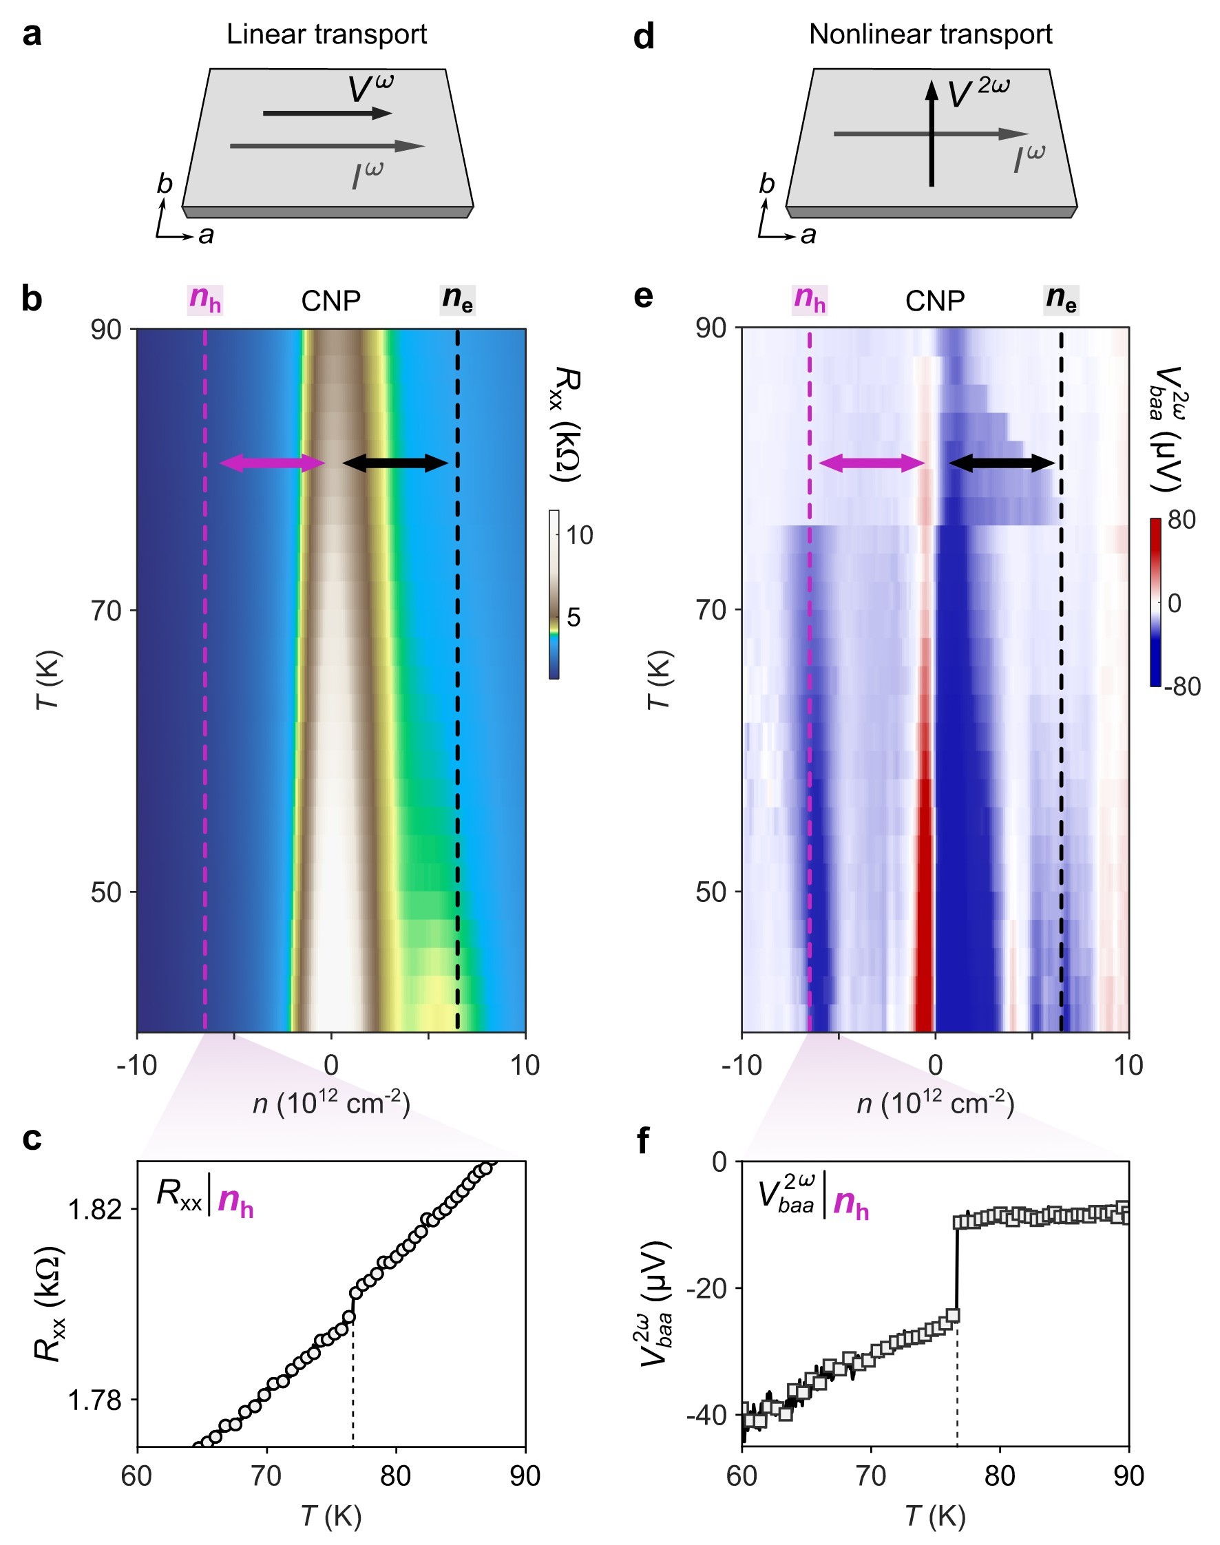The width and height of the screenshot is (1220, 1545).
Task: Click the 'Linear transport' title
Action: point(326,34)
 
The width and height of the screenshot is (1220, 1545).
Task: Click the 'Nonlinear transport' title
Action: point(930,34)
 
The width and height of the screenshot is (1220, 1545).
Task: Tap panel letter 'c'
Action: point(32,1138)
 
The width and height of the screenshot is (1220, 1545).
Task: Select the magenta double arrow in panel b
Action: point(272,463)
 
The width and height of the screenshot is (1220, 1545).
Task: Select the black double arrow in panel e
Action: point(1002,463)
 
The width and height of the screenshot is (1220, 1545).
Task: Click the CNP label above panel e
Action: point(934,302)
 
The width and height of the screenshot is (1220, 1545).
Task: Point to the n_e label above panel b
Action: point(457,299)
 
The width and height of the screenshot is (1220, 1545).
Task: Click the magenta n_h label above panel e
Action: point(810,299)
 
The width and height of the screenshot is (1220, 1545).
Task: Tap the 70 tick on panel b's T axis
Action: point(106,611)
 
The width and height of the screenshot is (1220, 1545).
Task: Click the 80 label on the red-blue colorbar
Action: point(1181,520)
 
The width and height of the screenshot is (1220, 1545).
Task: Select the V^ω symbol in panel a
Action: point(370,90)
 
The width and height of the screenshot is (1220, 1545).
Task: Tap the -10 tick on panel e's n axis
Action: point(741,1065)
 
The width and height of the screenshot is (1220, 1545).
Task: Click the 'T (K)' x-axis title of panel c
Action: point(330,1515)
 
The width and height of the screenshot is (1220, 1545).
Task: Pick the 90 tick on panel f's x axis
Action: point(1128,1476)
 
